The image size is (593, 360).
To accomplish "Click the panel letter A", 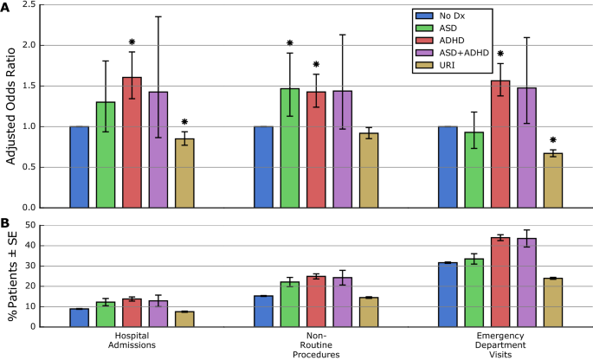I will pyautogui.click(x=7, y=7).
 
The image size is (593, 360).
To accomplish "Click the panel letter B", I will pyautogui.click(x=7, y=224).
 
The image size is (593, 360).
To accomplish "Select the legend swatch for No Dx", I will pyautogui.click(x=424, y=16).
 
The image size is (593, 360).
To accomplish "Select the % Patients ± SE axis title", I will pyautogui.click(x=15, y=275).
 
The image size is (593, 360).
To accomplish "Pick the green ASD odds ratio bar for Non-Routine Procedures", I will pyautogui.click(x=290, y=148).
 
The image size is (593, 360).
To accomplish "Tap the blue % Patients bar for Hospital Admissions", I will pyautogui.click(x=80, y=318).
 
